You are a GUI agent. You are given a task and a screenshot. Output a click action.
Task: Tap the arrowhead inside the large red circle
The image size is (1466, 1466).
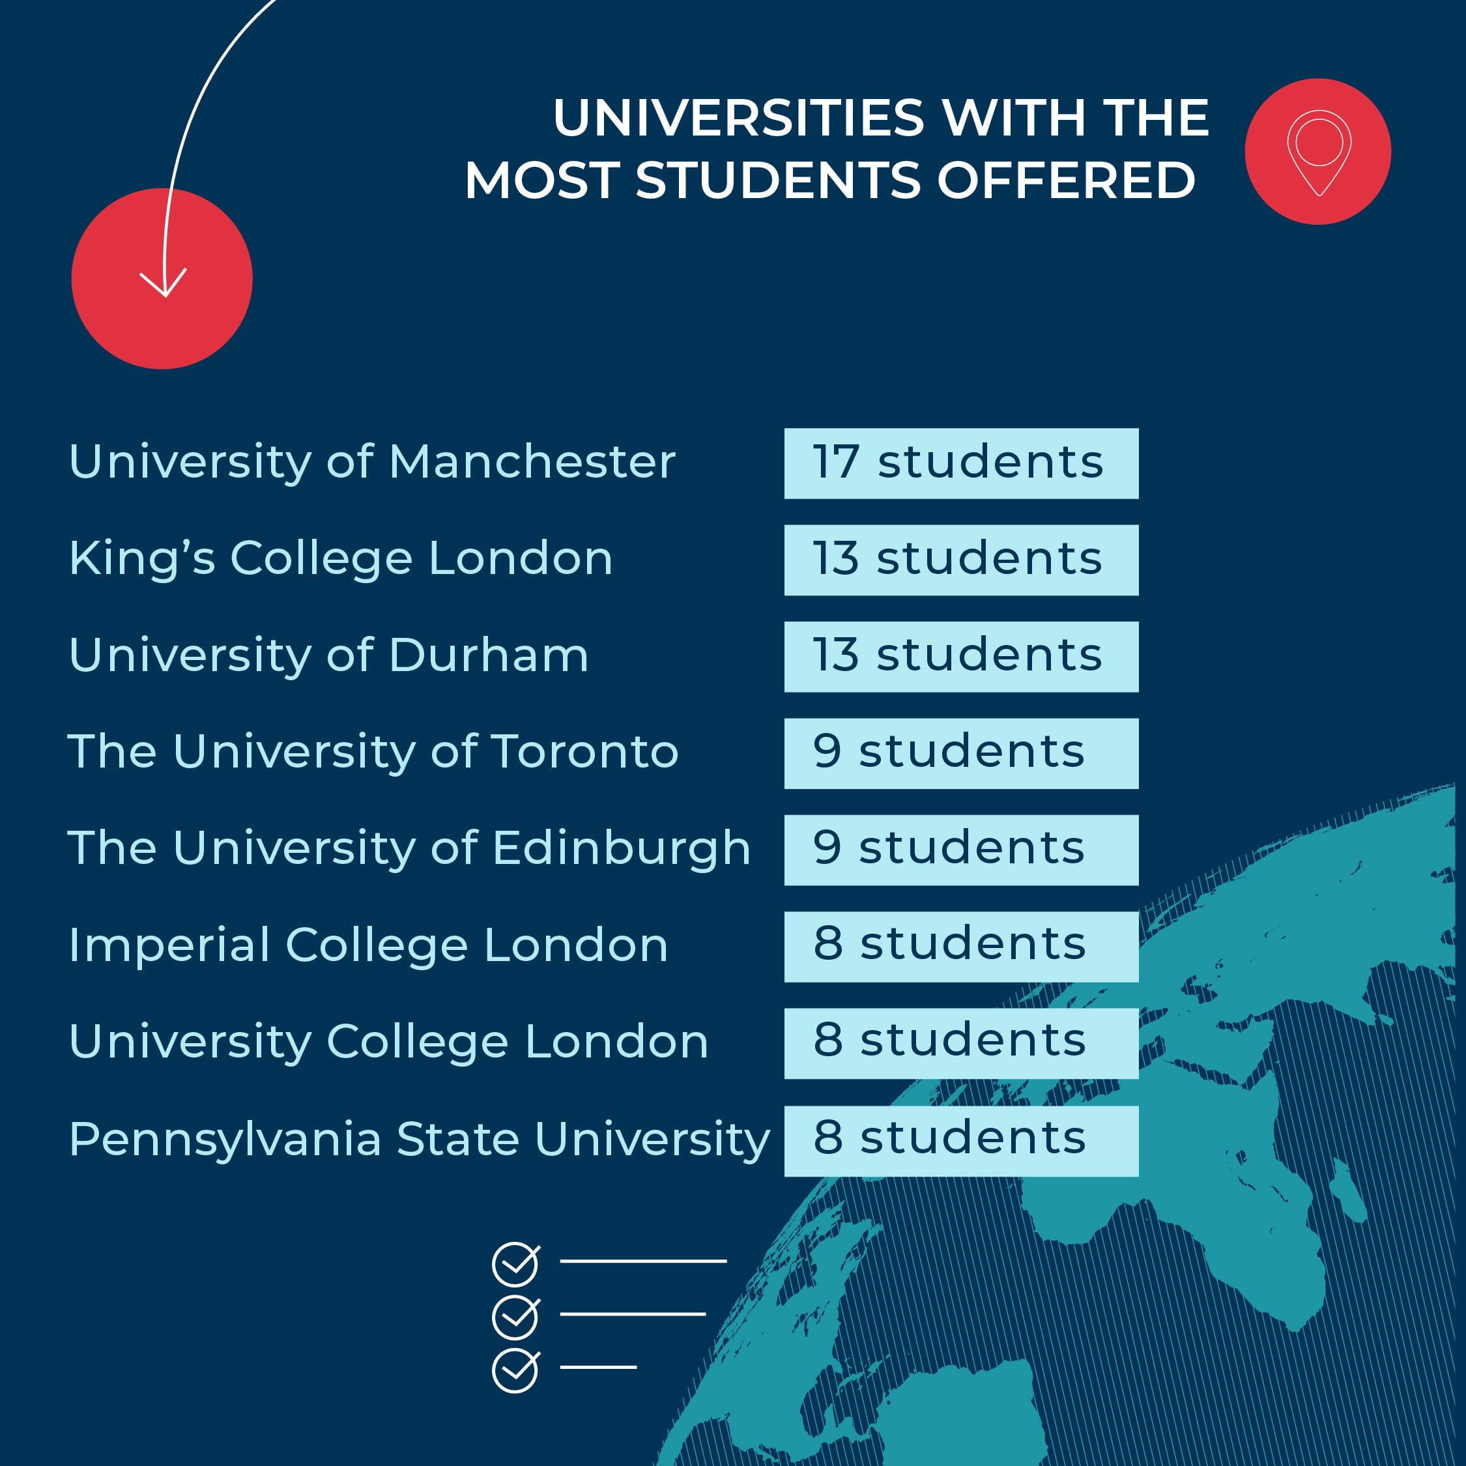point(163,281)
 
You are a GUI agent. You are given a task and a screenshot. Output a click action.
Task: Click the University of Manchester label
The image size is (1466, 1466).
point(372,461)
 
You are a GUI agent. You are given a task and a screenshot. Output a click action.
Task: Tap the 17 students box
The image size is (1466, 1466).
point(960,463)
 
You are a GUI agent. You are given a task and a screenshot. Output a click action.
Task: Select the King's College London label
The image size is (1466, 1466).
point(341,558)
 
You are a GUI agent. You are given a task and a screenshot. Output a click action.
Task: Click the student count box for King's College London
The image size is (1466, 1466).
point(960,560)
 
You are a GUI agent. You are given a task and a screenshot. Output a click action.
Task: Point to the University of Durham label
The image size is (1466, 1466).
point(328,655)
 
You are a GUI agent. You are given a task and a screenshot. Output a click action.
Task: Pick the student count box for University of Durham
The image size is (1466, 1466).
point(960,656)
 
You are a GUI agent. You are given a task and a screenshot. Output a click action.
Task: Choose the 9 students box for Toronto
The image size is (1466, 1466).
point(960,753)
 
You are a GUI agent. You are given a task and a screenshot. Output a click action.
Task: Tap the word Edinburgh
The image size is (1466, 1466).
point(622,848)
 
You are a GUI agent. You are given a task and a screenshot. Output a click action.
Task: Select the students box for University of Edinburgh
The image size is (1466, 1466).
point(960,850)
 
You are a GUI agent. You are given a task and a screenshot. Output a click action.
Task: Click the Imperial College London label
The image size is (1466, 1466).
point(368,945)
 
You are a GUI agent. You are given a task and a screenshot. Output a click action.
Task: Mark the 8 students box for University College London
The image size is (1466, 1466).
point(960,1043)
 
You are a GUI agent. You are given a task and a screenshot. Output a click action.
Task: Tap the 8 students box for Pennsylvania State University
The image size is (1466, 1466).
point(960,1140)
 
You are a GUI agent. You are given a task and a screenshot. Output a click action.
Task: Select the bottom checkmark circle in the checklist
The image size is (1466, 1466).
point(516,1370)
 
